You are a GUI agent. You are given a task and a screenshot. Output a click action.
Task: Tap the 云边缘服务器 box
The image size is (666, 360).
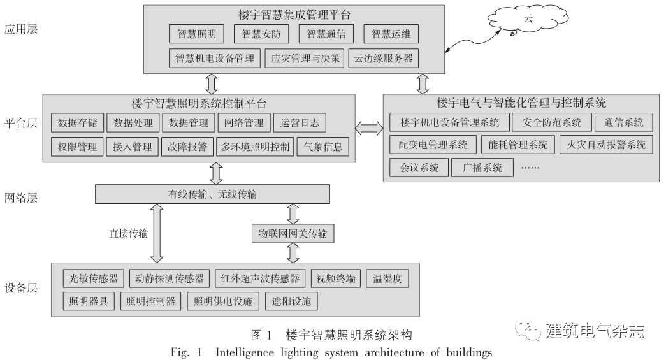[382, 59]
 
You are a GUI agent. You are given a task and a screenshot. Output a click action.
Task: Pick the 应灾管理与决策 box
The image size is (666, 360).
[305, 59]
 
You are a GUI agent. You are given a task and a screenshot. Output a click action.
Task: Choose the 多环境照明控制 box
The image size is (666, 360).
[255, 147]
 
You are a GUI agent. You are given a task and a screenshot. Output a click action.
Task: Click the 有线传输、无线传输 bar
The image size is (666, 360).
[212, 194]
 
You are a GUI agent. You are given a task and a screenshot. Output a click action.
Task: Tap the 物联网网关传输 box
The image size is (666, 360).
[293, 234]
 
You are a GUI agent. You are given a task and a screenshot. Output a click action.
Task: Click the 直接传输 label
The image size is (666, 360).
[128, 233]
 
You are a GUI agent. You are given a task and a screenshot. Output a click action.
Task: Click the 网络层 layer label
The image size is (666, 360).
[21, 198]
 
